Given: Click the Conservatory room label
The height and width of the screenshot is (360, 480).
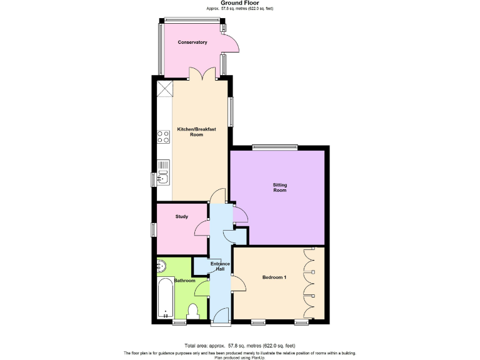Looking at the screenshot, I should pos(192,42).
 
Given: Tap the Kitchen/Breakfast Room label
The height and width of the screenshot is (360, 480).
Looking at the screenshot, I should pos(197,131).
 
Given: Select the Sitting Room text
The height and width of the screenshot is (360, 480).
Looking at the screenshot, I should pos(279,187).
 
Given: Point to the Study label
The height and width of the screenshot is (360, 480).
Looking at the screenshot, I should pos(181,217).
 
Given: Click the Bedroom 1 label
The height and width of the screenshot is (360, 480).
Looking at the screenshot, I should pos(274,277).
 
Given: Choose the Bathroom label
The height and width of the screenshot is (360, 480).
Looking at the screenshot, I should pos(184,281).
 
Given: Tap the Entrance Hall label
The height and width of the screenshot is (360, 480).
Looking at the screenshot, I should pos(219,267).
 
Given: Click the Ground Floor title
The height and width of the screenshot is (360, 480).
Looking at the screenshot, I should pos(239,3).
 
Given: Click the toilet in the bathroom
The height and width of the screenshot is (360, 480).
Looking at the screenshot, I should pos(193,311).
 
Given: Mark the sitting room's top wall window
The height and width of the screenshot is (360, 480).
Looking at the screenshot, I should pos(275,147).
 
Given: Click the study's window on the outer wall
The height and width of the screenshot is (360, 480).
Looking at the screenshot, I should pos(153,229).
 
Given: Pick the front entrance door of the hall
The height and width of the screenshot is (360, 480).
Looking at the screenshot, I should pos(220,322).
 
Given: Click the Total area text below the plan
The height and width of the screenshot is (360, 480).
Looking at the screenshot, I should pos(239,346).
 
